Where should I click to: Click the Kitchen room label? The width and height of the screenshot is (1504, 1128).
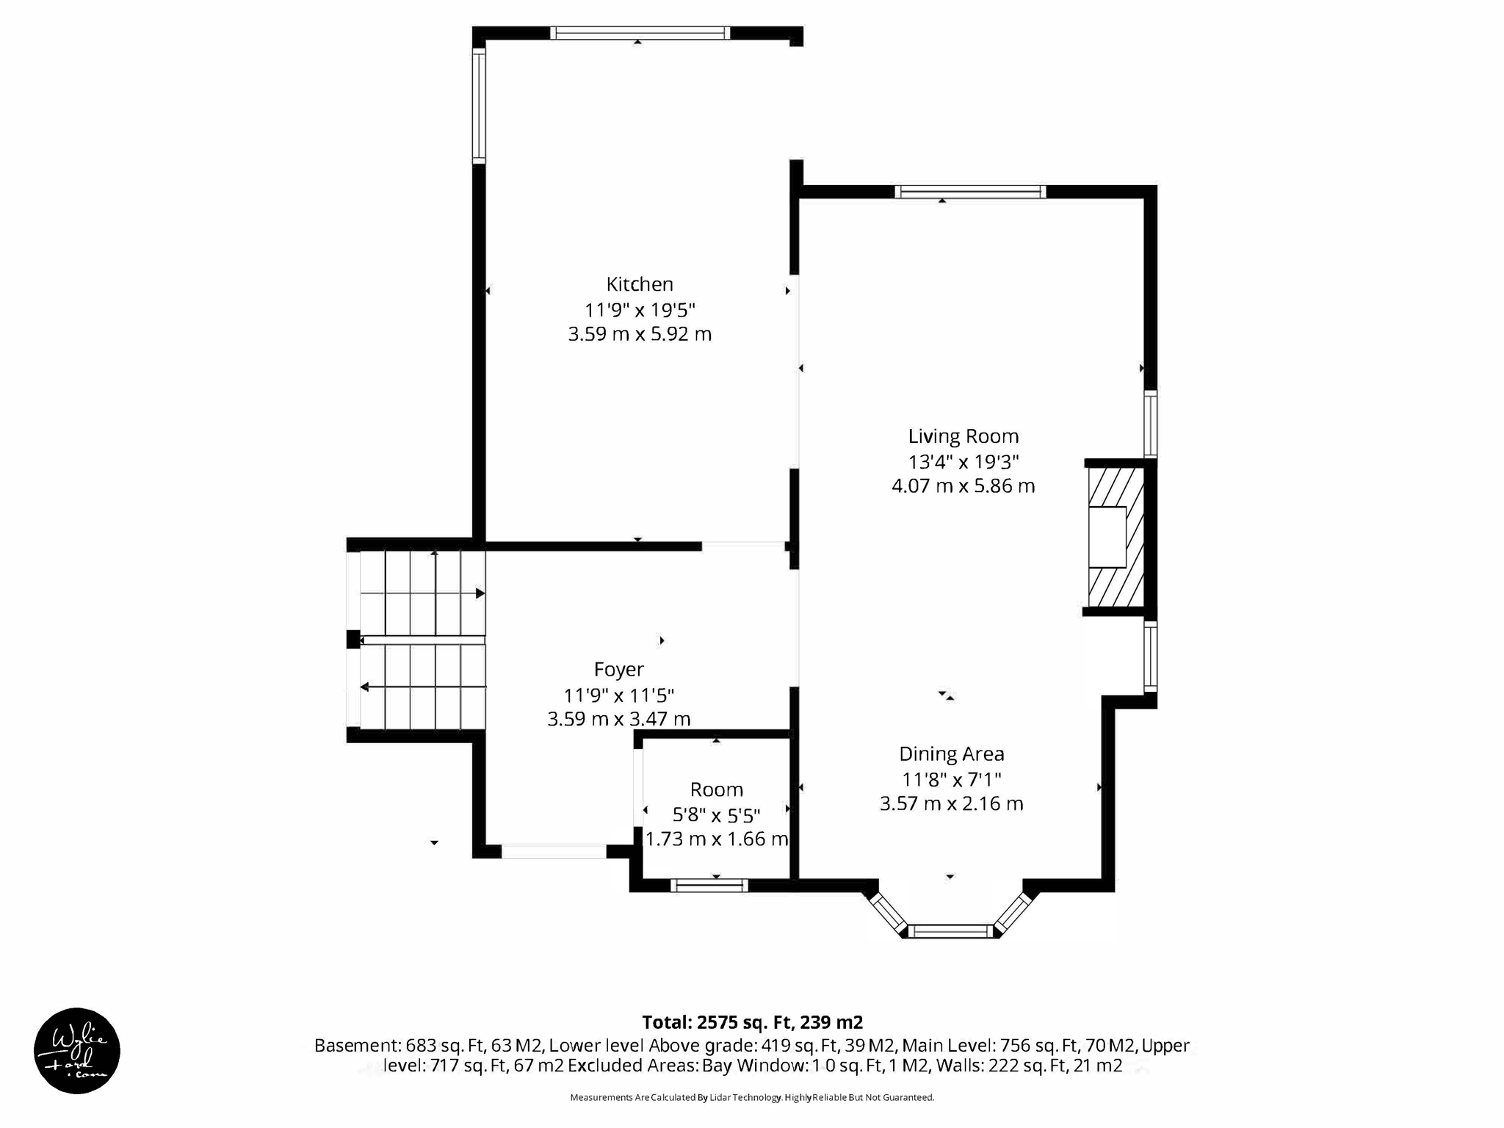point(639,284)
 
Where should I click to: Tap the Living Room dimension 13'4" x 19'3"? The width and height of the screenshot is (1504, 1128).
point(963,462)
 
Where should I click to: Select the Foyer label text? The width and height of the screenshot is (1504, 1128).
point(618,669)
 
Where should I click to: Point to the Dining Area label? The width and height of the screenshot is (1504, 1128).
point(951,754)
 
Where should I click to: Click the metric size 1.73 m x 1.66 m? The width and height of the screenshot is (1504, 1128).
point(716,839)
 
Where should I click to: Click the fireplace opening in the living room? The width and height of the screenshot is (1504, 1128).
point(1107,538)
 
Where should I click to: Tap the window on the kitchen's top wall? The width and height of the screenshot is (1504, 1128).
point(639,33)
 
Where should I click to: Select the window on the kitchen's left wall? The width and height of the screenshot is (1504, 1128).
point(479,105)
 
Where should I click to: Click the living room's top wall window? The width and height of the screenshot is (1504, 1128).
point(970,192)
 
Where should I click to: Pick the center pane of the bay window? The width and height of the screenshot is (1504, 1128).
point(951,931)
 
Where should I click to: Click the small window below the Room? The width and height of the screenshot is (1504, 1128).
point(709,886)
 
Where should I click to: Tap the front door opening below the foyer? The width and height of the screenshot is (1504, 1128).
point(554,852)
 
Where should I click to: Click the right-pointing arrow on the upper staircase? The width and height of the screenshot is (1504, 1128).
point(480,593)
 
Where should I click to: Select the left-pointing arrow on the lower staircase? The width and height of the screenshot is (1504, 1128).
point(365,687)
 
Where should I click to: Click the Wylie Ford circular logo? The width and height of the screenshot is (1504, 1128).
point(77,1050)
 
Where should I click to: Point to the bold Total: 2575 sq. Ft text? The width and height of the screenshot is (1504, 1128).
point(752,1022)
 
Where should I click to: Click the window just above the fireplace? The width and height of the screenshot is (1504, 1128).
point(1151,424)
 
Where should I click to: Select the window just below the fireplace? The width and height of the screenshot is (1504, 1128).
point(1151,657)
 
